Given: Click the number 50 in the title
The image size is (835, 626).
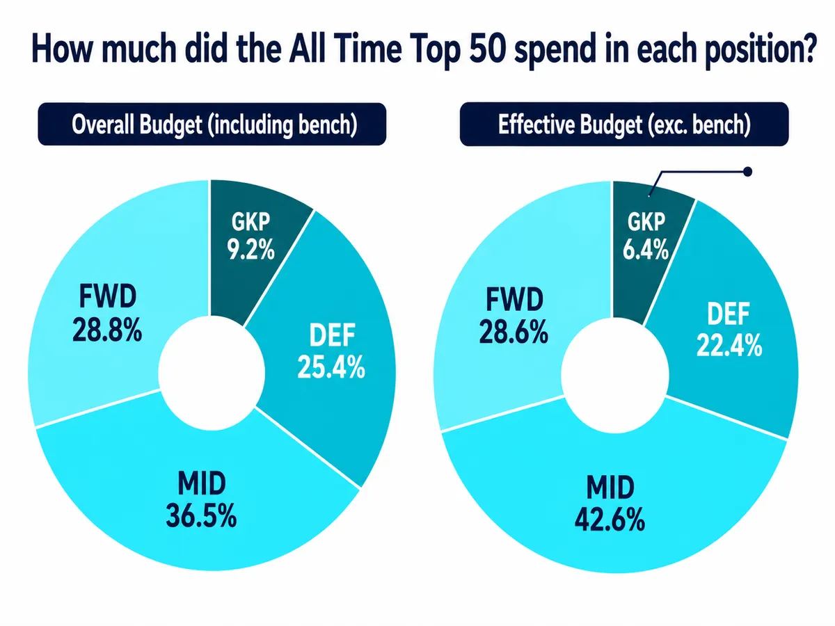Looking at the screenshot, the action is [487, 49].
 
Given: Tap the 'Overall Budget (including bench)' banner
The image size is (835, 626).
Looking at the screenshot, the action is [212, 124].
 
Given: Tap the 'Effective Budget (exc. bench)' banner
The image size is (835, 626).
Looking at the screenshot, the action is [624, 124].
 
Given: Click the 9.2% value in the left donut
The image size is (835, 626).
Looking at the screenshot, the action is [250, 250].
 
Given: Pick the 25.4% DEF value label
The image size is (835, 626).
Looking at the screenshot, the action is [331, 367].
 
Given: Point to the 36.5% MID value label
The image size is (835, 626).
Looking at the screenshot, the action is [201, 515].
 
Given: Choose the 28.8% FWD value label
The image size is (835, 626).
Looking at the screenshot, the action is [107, 330].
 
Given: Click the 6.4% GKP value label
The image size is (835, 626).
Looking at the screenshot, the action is [646, 249].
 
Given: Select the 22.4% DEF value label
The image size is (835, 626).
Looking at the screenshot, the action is [729, 345].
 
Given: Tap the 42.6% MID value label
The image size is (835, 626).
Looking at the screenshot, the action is [610, 519].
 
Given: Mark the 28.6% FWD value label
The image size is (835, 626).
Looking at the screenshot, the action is [514, 332].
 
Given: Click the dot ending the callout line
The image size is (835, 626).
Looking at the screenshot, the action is [747, 172].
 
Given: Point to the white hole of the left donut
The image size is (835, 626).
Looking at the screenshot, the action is [212, 373].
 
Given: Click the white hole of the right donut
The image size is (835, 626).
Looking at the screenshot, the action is [615, 376].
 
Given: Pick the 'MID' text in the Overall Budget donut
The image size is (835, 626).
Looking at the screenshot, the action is [202, 483].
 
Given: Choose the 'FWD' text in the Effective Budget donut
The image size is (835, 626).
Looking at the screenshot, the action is [515, 300].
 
